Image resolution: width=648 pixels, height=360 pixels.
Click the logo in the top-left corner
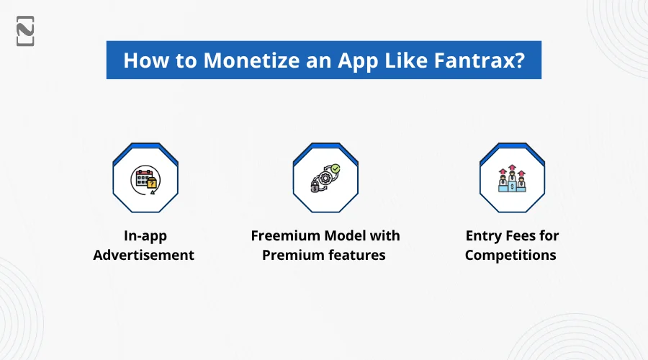point(25,31)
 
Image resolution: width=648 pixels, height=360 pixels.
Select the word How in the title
point(146,60)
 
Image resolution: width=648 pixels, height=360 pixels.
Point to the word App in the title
point(358,61)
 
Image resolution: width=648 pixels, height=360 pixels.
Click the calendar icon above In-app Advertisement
point(145,179)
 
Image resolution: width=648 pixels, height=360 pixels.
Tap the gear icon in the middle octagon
point(325,178)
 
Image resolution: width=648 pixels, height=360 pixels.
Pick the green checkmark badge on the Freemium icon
point(336,168)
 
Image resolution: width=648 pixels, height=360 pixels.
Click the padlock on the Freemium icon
point(315,186)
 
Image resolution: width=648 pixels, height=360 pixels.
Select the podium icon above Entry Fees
point(512,179)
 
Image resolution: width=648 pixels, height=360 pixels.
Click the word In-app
point(145,236)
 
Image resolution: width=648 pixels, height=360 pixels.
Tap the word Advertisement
point(143,255)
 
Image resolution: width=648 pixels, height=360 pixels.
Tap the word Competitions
point(510,256)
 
